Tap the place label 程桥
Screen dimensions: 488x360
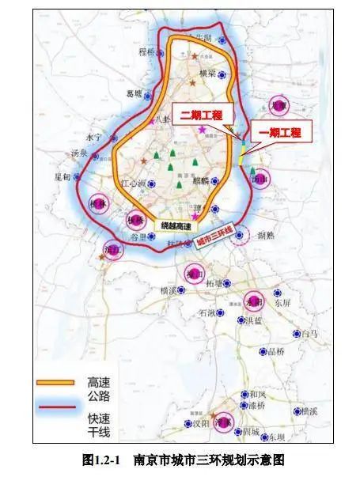(148, 52)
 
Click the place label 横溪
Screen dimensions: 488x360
(169, 291)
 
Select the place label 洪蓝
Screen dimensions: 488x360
(255, 320)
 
